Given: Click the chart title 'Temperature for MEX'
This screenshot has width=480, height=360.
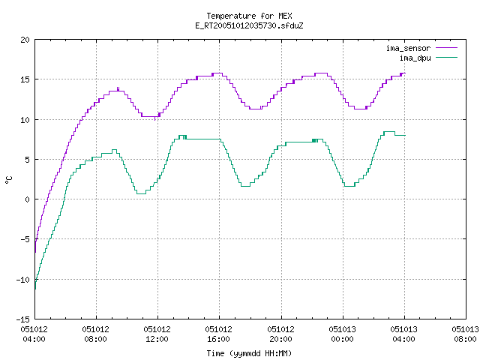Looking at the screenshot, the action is point(249,16).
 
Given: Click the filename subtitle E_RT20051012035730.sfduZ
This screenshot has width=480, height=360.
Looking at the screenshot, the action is point(249,25).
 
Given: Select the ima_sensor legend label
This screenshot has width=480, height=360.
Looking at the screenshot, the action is point(408,48).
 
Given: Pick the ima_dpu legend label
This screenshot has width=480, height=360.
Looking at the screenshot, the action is point(415,58).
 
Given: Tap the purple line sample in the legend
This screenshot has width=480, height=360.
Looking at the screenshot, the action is point(447,48).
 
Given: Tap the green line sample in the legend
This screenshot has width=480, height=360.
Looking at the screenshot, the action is point(447,58).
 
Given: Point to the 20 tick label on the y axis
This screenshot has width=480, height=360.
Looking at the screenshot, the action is point(25,40).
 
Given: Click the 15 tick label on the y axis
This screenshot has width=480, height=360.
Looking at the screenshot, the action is point(25,79).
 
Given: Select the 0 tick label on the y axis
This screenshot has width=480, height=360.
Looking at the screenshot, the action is point(27,199).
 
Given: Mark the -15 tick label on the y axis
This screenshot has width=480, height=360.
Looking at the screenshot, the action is point(23,319).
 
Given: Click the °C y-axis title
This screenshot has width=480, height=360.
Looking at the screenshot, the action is point(8,180).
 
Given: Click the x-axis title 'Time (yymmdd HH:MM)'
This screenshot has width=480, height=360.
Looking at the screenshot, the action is point(249,353).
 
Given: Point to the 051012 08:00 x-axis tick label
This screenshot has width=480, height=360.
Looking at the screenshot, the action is point(95,334).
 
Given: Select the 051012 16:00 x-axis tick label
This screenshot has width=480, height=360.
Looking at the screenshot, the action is point(218,334).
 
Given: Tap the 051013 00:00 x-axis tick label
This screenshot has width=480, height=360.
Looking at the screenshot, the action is point(342,334).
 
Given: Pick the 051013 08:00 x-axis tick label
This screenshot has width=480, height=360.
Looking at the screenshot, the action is point(465,334).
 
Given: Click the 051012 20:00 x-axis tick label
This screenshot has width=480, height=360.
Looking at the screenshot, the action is point(280,334).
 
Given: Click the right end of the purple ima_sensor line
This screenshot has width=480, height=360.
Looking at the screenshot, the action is point(405,73).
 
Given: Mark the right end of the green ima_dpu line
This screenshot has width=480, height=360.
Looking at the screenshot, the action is point(405,135).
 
